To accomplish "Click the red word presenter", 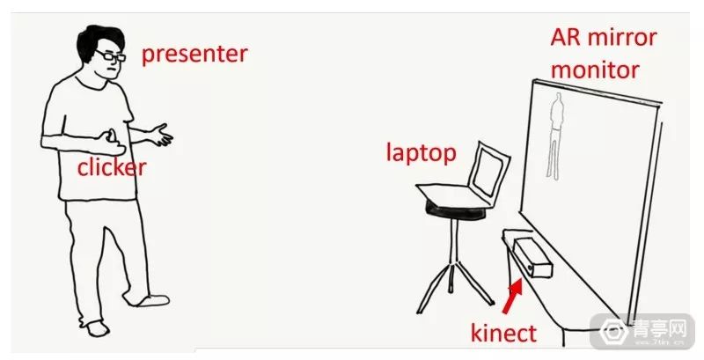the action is point(194,54).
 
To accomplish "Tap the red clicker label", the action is point(111,167).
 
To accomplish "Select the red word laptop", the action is point(421,153).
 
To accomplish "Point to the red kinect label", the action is point(502,334).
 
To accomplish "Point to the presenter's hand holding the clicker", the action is point(111,139).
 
